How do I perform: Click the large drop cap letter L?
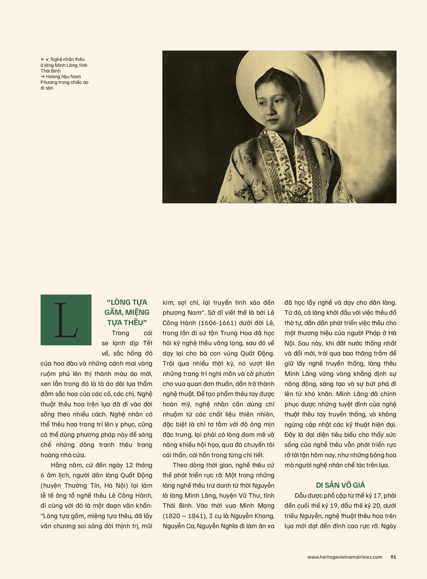[66, 320]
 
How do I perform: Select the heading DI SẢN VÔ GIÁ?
[341, 485]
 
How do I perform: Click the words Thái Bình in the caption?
[51, 71]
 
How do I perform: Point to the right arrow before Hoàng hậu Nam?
[43, 77]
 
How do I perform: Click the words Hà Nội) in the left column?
[116, 486]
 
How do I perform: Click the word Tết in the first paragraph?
[148, 343]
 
